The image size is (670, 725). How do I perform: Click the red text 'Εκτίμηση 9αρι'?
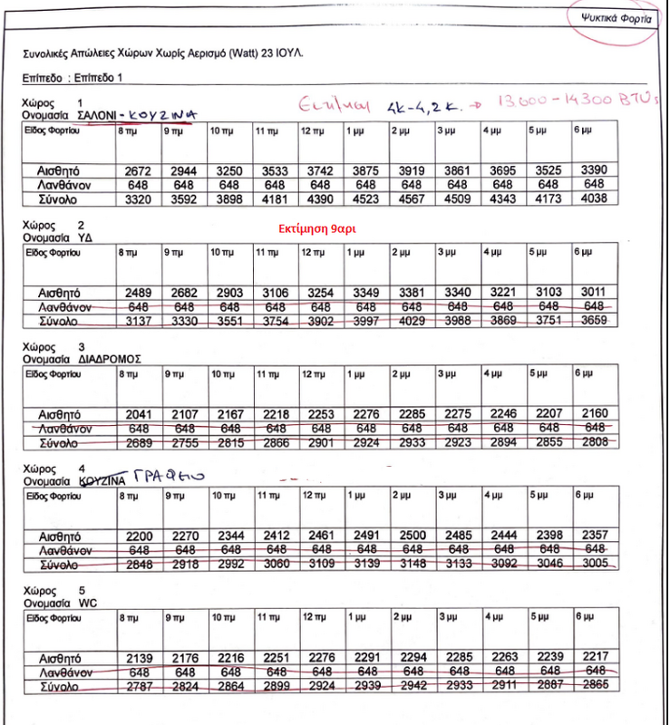click(x=316, y=229)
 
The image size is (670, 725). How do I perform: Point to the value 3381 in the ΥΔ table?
click(x=411, y=293)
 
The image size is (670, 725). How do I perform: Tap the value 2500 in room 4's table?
click(x=411, y=536)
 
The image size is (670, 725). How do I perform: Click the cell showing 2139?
click(x=137, y=658)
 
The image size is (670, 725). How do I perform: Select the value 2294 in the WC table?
click(x=411, y=658)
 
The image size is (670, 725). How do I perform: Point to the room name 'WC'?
click(x=87, y=603)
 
